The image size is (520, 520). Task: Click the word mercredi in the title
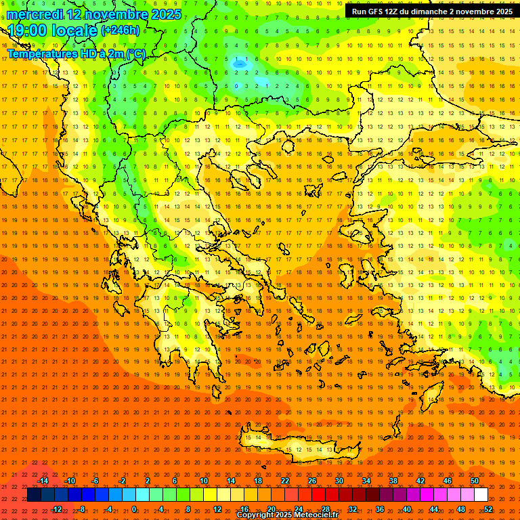[37, 14]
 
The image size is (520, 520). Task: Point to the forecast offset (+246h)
[121, 30]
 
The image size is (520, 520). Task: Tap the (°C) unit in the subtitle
[135, 53]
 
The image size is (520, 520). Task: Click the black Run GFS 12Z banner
[431, 12]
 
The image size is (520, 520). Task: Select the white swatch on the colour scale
[481, 495]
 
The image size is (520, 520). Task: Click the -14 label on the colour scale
[43, 481]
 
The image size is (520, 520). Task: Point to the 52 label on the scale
[488, 509]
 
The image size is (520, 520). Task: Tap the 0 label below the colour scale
[134, 509]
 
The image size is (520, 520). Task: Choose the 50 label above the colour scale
[475, 481]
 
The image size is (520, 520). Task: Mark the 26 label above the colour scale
[312, 481]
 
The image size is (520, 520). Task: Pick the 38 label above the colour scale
[393, 481]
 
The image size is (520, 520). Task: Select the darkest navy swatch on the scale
[34, 495]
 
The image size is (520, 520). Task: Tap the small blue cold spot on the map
[239, 63]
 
